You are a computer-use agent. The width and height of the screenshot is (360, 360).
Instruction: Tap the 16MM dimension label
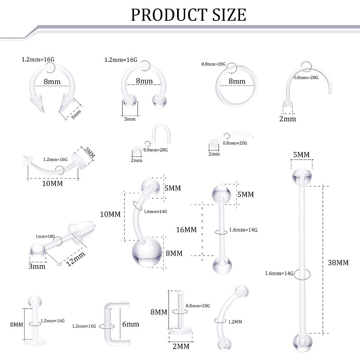point(186,230)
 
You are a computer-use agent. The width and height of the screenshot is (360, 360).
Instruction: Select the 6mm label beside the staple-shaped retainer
point(131,324)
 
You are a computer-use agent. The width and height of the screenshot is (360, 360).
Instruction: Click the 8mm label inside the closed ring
point(237,81)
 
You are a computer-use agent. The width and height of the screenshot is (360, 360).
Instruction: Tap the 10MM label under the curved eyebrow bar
point(52,183)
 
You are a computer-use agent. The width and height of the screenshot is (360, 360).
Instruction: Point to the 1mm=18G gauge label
point(45,236)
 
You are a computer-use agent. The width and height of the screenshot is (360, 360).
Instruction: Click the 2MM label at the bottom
point(181,346)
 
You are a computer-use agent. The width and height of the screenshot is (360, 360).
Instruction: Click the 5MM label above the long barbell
point(301,155)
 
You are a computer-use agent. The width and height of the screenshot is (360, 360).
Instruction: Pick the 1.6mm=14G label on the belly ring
point(155,211)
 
